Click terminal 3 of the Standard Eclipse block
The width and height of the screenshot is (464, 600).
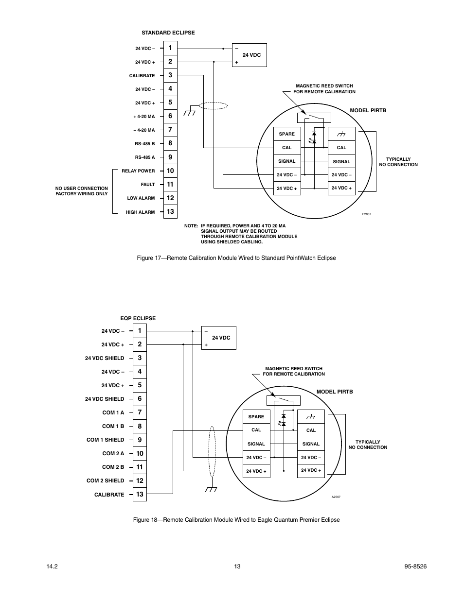click(x=170, y=75)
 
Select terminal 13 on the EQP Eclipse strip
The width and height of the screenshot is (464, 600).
click(x=140, y=494)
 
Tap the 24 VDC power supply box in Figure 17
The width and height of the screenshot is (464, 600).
click(x=250, y=55)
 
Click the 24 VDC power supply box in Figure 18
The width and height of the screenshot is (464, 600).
click(x=218, y=338)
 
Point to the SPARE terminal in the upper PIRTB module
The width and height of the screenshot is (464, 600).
click(x=287, y=134)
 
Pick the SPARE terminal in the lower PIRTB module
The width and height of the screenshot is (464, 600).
click(x=256, y=417)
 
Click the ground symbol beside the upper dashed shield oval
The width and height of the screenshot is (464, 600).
click(x=190, y=110)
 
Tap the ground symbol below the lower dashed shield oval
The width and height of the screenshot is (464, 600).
click(x=211, y=488)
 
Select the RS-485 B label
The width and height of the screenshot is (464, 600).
click(x=144, y=144)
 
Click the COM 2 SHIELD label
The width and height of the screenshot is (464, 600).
click(x=105, y=480)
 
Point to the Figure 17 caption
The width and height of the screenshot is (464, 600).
click(x=236, y=258)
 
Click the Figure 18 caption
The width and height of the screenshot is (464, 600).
click(x=236, y=520)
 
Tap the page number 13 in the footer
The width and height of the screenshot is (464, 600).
click(x=237, y=566)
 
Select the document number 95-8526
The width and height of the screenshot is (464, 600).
click(x=415, y=566)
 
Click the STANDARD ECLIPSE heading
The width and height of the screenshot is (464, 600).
click(x=168, y=33)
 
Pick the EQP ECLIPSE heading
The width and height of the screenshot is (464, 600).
click(x=138, y=318)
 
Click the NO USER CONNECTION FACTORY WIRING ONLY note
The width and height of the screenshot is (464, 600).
click(x=82, y=191)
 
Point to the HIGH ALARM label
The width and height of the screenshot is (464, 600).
click(x=140, y=212)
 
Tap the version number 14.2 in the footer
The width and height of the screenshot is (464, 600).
click(x=52, y=566)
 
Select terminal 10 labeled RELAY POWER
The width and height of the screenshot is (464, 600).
click(x=170, y=171)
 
